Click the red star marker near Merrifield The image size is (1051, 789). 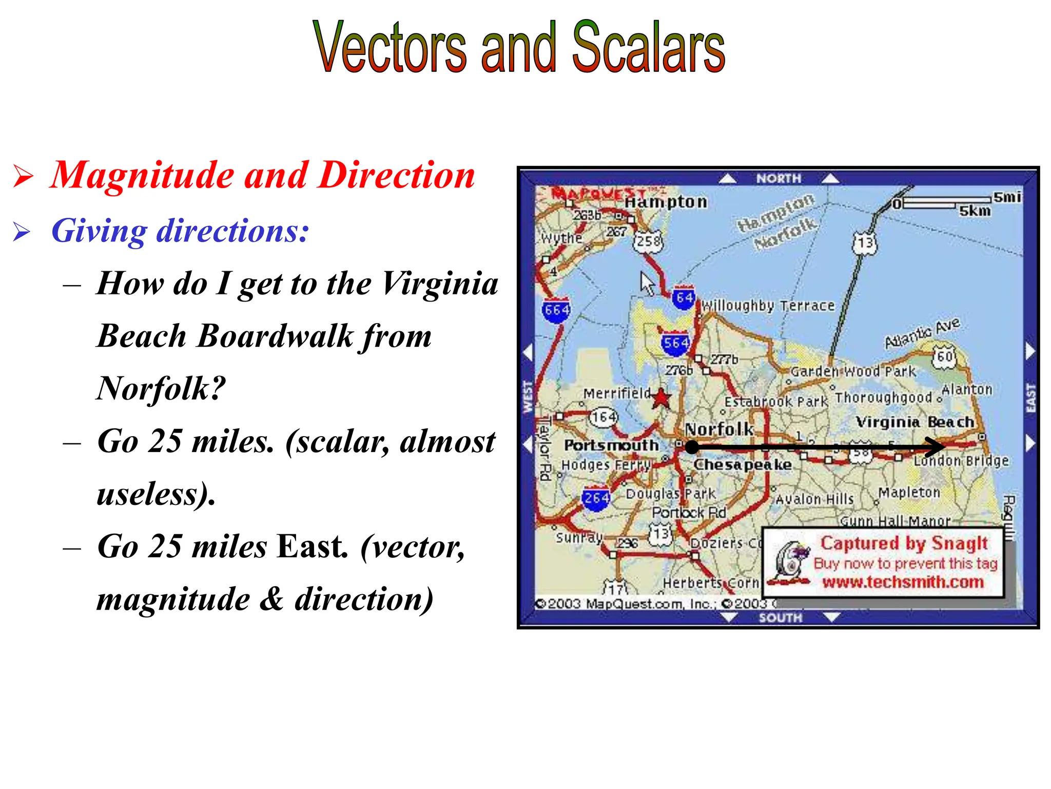click(x=661, y=398)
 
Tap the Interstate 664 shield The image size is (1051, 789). click(x=556, y=310)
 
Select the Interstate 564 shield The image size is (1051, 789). click(x=675, y=343)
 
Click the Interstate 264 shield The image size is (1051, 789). click(x=596, y=498)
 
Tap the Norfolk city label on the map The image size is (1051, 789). click(x=719, y=429)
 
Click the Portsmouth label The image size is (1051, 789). click(x=611, y=445)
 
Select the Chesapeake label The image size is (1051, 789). click(x=743, y=464)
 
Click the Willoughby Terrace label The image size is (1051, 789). click(x=768, y=306)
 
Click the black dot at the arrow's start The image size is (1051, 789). click(x=692, y=447)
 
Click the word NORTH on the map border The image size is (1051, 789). click(x=778, y=178)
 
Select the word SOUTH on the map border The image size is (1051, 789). click(x=780, y=617)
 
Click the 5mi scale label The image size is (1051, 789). click(x=1006, y=197)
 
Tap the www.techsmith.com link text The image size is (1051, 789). click(x=903, y=582)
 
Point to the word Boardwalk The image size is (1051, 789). click(x=276, y=336)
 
